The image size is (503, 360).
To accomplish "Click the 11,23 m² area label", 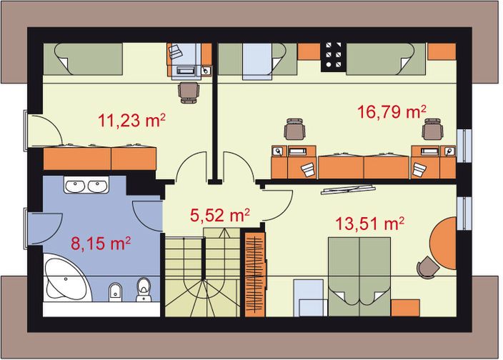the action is [131, 121].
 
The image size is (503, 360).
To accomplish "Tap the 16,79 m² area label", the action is [392, 112].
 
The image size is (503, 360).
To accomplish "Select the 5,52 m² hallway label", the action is [220, 215].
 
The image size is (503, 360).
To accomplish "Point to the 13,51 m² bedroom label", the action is [369, 223].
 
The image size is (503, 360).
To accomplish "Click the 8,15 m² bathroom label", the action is [101, 244].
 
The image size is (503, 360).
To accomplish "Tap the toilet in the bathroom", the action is [144, 289].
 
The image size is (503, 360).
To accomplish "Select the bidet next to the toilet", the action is [114, 291].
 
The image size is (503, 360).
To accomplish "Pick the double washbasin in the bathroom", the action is [86, 185].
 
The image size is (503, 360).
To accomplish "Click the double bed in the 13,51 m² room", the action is [359, 276].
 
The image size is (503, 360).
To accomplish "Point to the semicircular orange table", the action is [443, 243].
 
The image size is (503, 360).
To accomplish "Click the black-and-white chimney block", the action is [333, 56].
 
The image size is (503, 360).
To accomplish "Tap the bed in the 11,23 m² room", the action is [83, 59].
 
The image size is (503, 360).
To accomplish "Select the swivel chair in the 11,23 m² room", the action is [189, 92].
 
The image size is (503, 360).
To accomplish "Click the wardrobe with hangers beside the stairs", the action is [255, 274].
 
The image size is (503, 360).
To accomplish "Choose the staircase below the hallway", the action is [202, 272].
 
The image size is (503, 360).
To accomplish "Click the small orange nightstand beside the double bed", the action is [405, 308].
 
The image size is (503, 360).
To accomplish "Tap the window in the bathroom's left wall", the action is [25, 228].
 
